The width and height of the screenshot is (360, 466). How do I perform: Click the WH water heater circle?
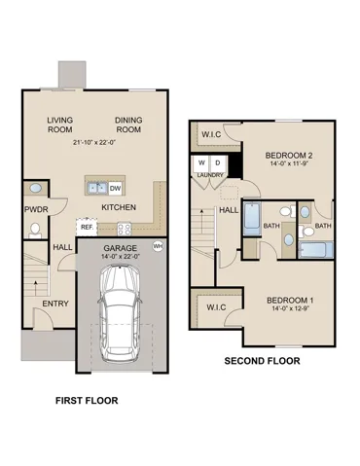(158, 246)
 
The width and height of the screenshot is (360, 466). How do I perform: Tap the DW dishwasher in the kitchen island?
(115, 189)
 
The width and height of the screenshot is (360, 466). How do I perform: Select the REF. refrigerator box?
(87, 227)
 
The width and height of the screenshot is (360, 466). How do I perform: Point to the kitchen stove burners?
(124, 229)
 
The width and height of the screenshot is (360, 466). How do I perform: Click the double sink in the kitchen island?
(97, 188)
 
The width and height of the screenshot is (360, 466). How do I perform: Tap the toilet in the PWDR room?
(35, 231)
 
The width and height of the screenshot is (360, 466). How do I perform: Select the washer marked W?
(201, 164)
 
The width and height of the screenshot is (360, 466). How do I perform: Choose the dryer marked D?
(218, 164)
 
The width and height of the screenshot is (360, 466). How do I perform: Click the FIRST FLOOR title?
(87, 401)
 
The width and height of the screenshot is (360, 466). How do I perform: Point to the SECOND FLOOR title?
(262, 361)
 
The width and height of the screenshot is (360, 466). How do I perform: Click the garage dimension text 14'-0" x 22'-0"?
(121, 256)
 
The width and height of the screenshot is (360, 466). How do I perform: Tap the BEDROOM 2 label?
(284, 156)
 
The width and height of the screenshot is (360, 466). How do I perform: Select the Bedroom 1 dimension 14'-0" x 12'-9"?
(290, 308)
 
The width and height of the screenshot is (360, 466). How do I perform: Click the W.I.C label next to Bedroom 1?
(216, 307)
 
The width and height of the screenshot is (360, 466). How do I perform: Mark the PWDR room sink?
(36, 188)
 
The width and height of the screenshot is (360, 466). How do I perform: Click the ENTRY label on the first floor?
(55, 304)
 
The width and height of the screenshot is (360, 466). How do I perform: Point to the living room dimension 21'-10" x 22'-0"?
(94, 142)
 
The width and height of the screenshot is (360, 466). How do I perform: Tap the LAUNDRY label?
(210, 175)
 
